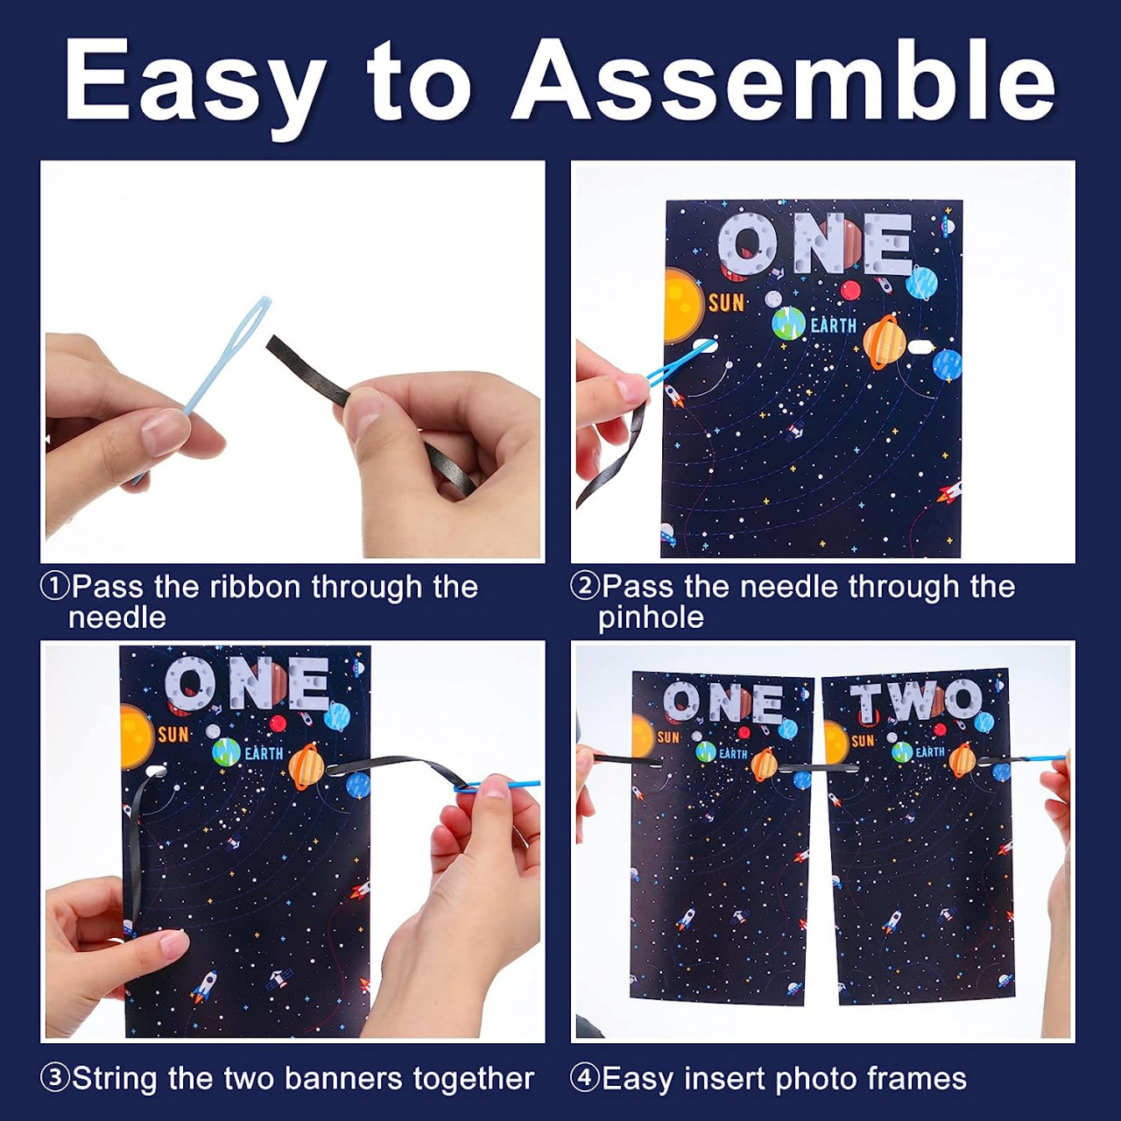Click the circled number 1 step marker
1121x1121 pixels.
[54, 587]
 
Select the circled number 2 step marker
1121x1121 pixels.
[585, 587]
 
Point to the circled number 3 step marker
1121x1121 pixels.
[54, 1078]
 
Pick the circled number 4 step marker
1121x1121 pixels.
[585, 1078]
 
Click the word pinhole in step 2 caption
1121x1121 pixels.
[651, 617]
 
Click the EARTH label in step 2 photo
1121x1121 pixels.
[834, 326]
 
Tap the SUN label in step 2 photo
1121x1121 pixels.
[726, 302]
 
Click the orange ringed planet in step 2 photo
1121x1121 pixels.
[885, 342]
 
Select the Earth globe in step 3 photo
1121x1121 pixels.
[227, 752]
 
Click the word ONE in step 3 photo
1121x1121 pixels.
[247, 683]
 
